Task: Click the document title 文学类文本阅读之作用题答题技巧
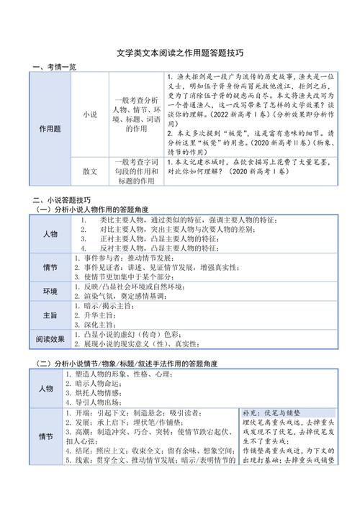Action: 180,53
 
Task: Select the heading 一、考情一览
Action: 55,67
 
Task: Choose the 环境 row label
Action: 50,291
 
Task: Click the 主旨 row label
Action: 50,315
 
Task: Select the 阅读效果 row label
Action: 50,338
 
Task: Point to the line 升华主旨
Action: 109,315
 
